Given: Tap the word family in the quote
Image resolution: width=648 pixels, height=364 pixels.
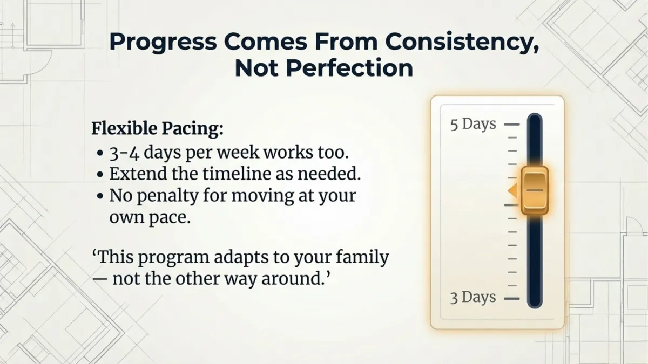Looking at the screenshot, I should [361, 257].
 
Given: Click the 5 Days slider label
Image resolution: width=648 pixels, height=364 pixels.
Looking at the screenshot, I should [473, 124].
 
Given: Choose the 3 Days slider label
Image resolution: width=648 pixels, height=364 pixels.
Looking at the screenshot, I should [473, 298].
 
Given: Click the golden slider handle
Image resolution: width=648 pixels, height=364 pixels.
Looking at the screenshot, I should [535, 190].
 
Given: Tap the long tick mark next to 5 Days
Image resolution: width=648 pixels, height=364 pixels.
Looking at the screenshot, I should [511, 125].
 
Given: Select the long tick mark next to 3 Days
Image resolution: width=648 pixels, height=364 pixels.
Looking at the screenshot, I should [511, 298].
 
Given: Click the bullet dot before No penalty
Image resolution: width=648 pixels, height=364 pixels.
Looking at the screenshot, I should [100, 196].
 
